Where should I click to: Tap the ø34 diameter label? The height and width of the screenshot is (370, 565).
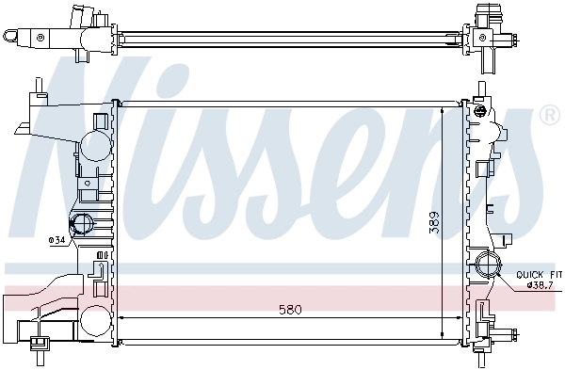coord(56,240)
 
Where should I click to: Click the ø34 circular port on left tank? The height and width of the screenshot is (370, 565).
coord(82,224)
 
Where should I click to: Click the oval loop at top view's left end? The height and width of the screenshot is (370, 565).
coord(11,36)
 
